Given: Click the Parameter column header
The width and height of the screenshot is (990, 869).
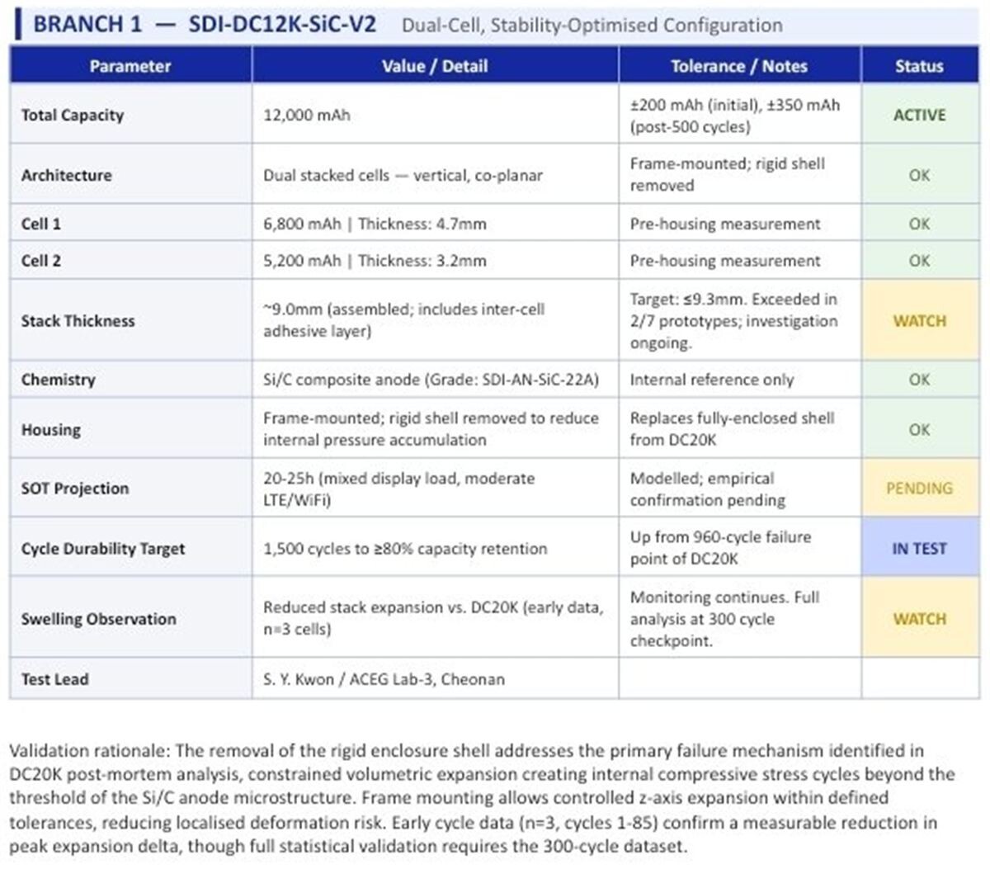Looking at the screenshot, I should click(130, 66).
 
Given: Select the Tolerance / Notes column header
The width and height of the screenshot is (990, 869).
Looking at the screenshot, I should click(739, 66).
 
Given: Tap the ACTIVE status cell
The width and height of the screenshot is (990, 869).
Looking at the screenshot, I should click(919, 116).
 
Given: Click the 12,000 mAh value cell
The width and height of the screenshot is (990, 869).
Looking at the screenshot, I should click(307, 116).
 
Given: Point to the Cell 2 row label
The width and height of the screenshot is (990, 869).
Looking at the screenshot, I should click(41, 261).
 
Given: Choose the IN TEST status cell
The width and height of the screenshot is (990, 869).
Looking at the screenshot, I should click(919, 548).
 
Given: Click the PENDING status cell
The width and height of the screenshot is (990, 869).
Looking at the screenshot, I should click(919, 489).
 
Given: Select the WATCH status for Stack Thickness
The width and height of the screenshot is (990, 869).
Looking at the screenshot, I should click(919, 321).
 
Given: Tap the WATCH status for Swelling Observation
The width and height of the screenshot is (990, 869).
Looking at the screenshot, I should click(919, 619).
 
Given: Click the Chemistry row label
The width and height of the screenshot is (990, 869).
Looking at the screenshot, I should click(58, 380).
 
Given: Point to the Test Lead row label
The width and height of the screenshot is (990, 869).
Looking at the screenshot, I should click(54, 679).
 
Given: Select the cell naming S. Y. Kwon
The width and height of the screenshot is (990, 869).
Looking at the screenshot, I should click(384, 679).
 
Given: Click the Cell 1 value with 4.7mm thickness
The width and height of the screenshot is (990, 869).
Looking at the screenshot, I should click(375, 224).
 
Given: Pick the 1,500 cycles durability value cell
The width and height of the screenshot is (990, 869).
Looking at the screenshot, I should click(405, 549).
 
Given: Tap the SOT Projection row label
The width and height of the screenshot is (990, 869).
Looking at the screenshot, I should click(75, 489).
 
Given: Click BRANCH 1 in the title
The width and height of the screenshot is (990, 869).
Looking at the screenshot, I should click(87, 24).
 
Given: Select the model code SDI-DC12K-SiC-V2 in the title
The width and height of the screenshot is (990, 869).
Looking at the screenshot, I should click(282, 24).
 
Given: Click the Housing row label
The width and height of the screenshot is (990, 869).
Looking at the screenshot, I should click(51, 430).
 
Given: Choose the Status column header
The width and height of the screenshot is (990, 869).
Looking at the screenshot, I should click(919, 66).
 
